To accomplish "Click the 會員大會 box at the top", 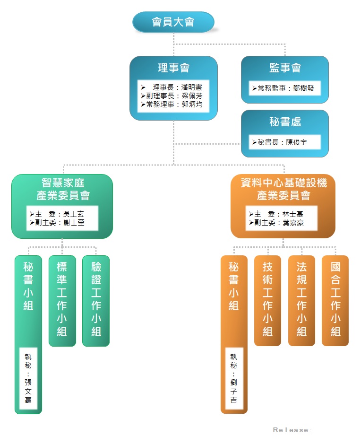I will (x=173, y=22).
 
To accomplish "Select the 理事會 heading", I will (x=173, y=68).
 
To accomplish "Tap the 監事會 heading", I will (x=285, y=68).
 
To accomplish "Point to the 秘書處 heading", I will (x=285, y=122).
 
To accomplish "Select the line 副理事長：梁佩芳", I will (x=172, y=96).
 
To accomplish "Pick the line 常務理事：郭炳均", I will (x=172, y=104).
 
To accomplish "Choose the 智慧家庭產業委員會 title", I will (x=63, y=189).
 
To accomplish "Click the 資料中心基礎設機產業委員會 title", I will (x=283, y=189).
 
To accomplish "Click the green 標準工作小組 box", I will (x=62, y=300).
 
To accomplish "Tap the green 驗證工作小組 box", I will (x=96, y=300).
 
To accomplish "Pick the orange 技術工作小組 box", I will (x=267, y=300).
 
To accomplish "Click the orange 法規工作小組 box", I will (x=301, y=300).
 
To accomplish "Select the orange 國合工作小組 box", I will (x=335, y=300).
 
